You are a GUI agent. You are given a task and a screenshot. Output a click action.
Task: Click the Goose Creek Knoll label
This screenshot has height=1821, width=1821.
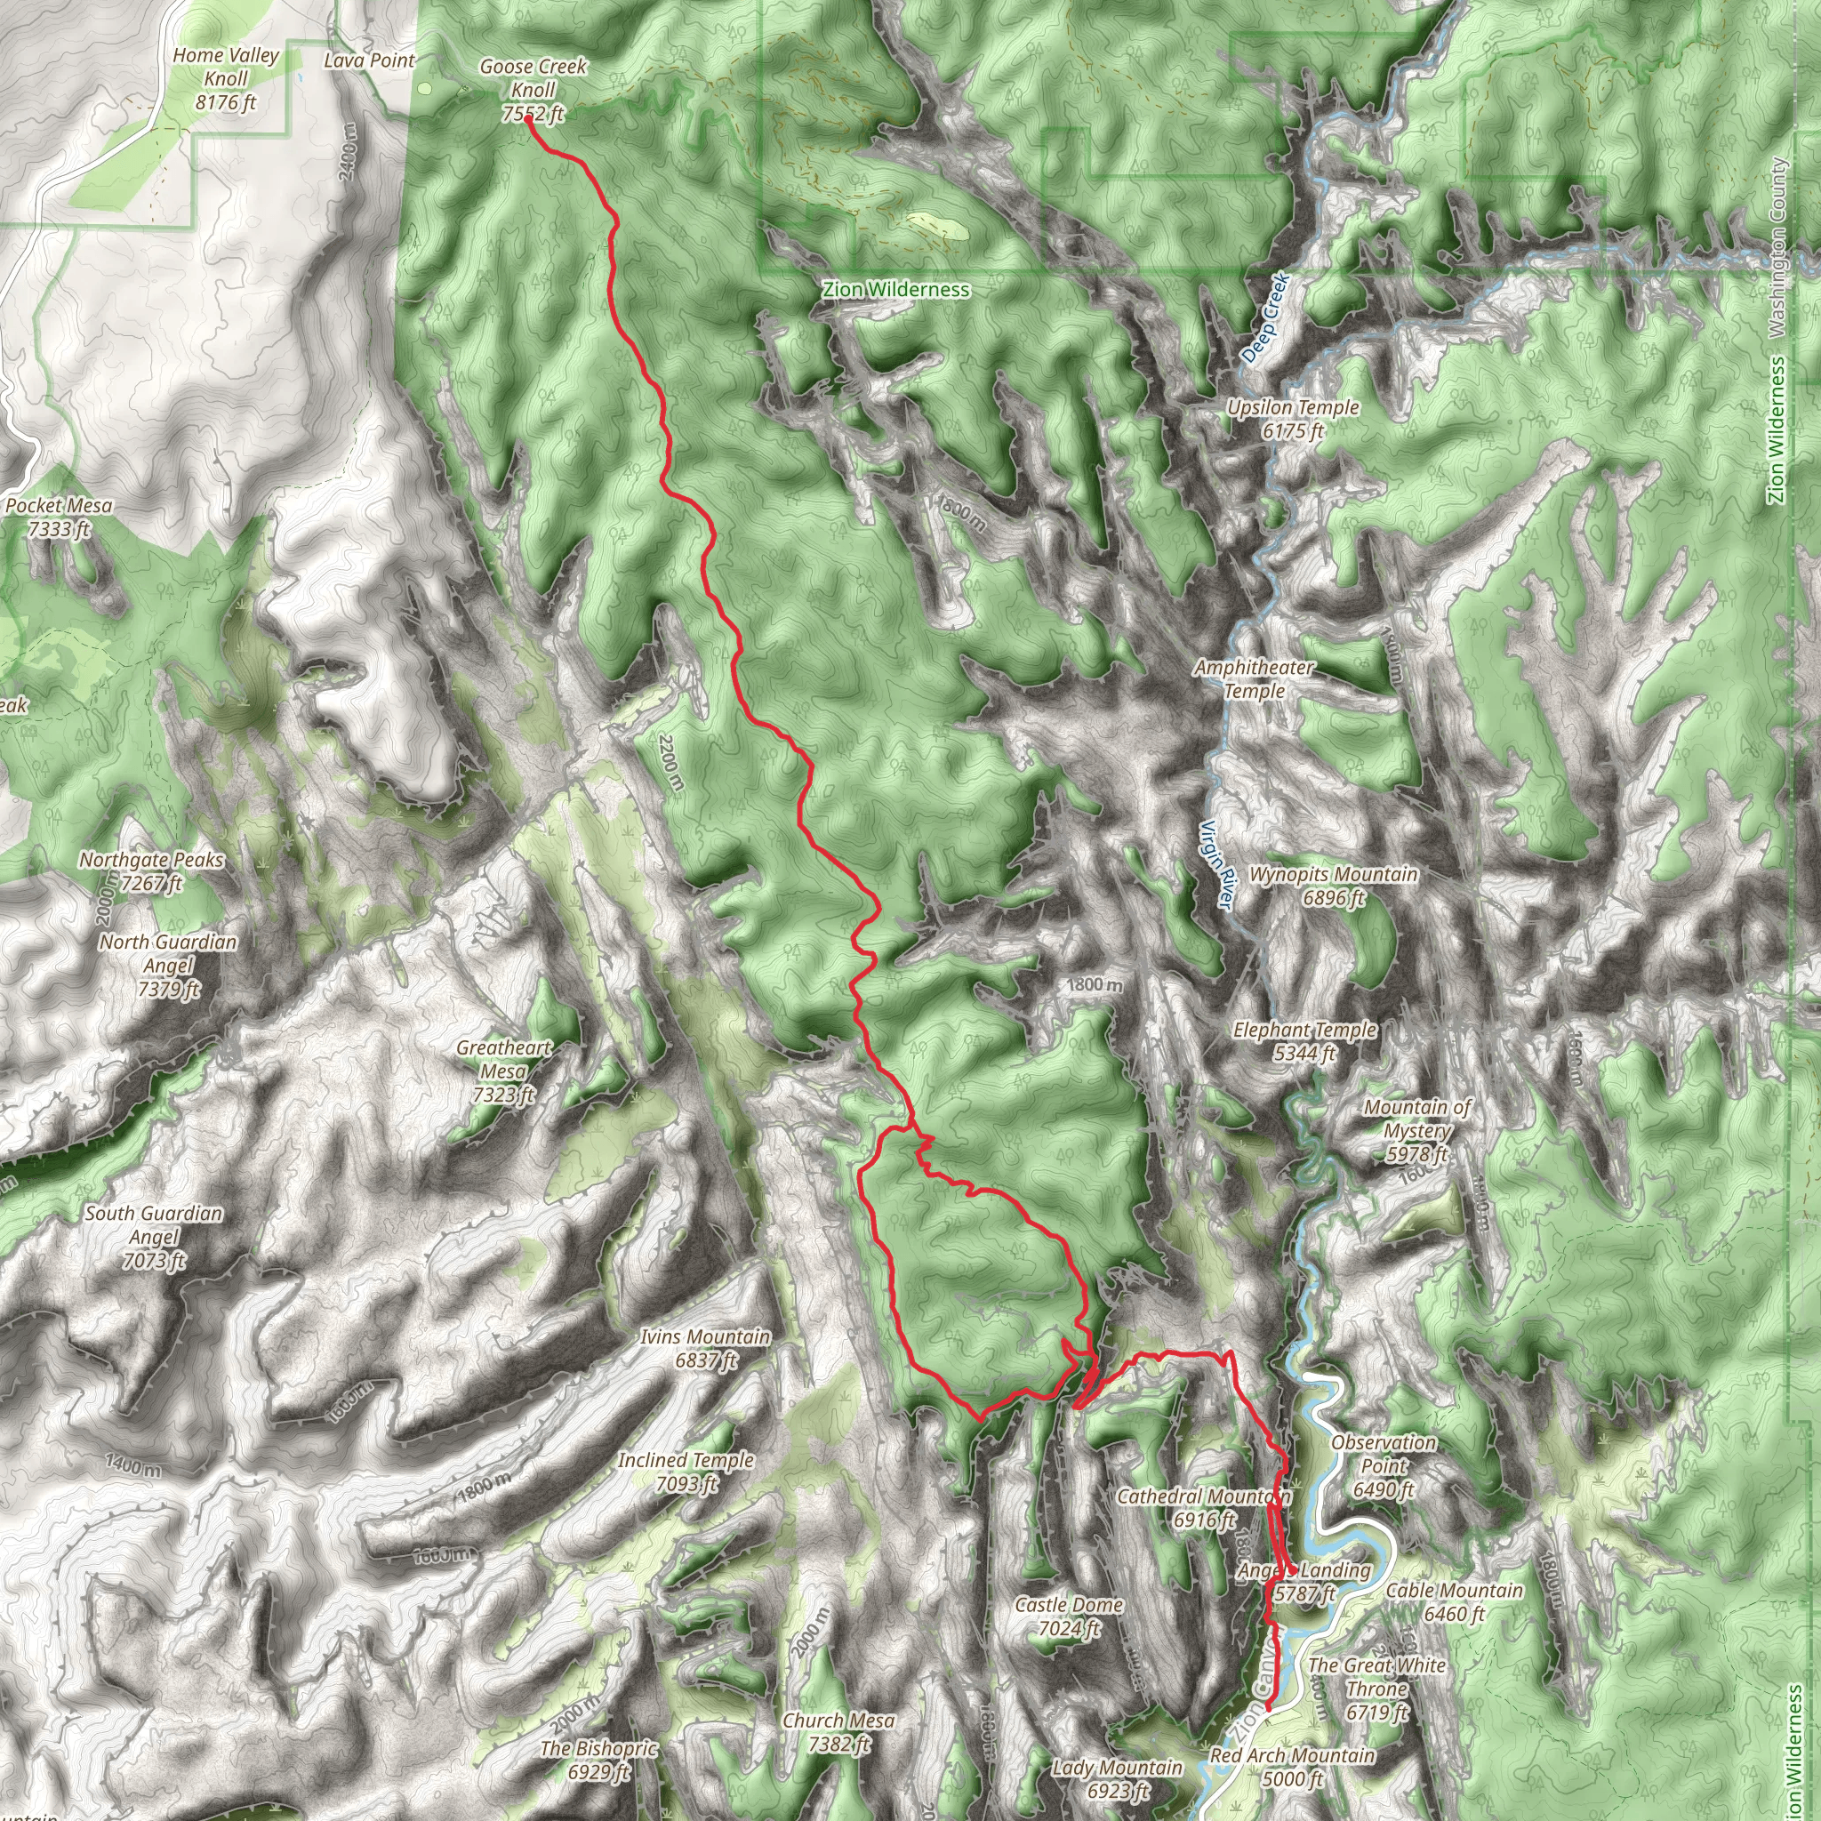point(533,91)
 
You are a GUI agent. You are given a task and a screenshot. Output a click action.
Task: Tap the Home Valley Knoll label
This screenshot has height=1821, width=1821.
point(225,79)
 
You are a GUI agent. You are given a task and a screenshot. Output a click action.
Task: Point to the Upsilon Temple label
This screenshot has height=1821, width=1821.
point(1292,420)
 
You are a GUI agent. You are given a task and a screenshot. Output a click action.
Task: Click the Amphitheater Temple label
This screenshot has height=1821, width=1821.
point(1254,678)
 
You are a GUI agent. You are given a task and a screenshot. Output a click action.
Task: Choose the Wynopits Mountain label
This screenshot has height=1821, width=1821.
point(1333,886)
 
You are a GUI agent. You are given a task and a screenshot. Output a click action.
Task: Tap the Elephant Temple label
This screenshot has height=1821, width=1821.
point(1304,1041)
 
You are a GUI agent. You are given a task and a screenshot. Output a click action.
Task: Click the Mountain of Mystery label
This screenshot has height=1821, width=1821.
point(1416,1131)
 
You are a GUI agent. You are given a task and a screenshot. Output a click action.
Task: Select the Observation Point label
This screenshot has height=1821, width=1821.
point(1383,1465)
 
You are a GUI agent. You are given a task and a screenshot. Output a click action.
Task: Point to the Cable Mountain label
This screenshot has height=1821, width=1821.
point(1454,1602)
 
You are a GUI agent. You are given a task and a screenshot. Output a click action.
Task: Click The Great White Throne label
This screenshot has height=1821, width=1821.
point(1376,1689)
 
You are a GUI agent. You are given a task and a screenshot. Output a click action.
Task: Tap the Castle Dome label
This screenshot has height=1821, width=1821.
point(1068,1616)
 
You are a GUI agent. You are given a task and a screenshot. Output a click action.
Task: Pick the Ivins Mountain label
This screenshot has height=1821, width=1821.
point(705,1348)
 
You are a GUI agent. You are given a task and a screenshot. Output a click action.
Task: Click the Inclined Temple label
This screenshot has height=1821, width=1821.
point(686,1472)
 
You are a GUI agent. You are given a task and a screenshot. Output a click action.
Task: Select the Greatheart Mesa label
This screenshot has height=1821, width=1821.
point(503,1071)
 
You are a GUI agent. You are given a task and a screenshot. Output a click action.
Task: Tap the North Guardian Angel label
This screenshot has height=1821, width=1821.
point(168,965)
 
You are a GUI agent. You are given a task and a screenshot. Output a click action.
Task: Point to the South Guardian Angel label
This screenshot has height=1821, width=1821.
point(154,1237)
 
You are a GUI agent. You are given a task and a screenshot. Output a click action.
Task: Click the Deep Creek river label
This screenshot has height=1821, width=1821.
point(1264,317)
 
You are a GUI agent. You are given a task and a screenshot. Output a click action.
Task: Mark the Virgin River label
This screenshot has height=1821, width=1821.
point(1215,865)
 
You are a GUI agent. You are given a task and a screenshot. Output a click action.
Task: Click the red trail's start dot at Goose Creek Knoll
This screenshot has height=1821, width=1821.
point(529,119)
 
